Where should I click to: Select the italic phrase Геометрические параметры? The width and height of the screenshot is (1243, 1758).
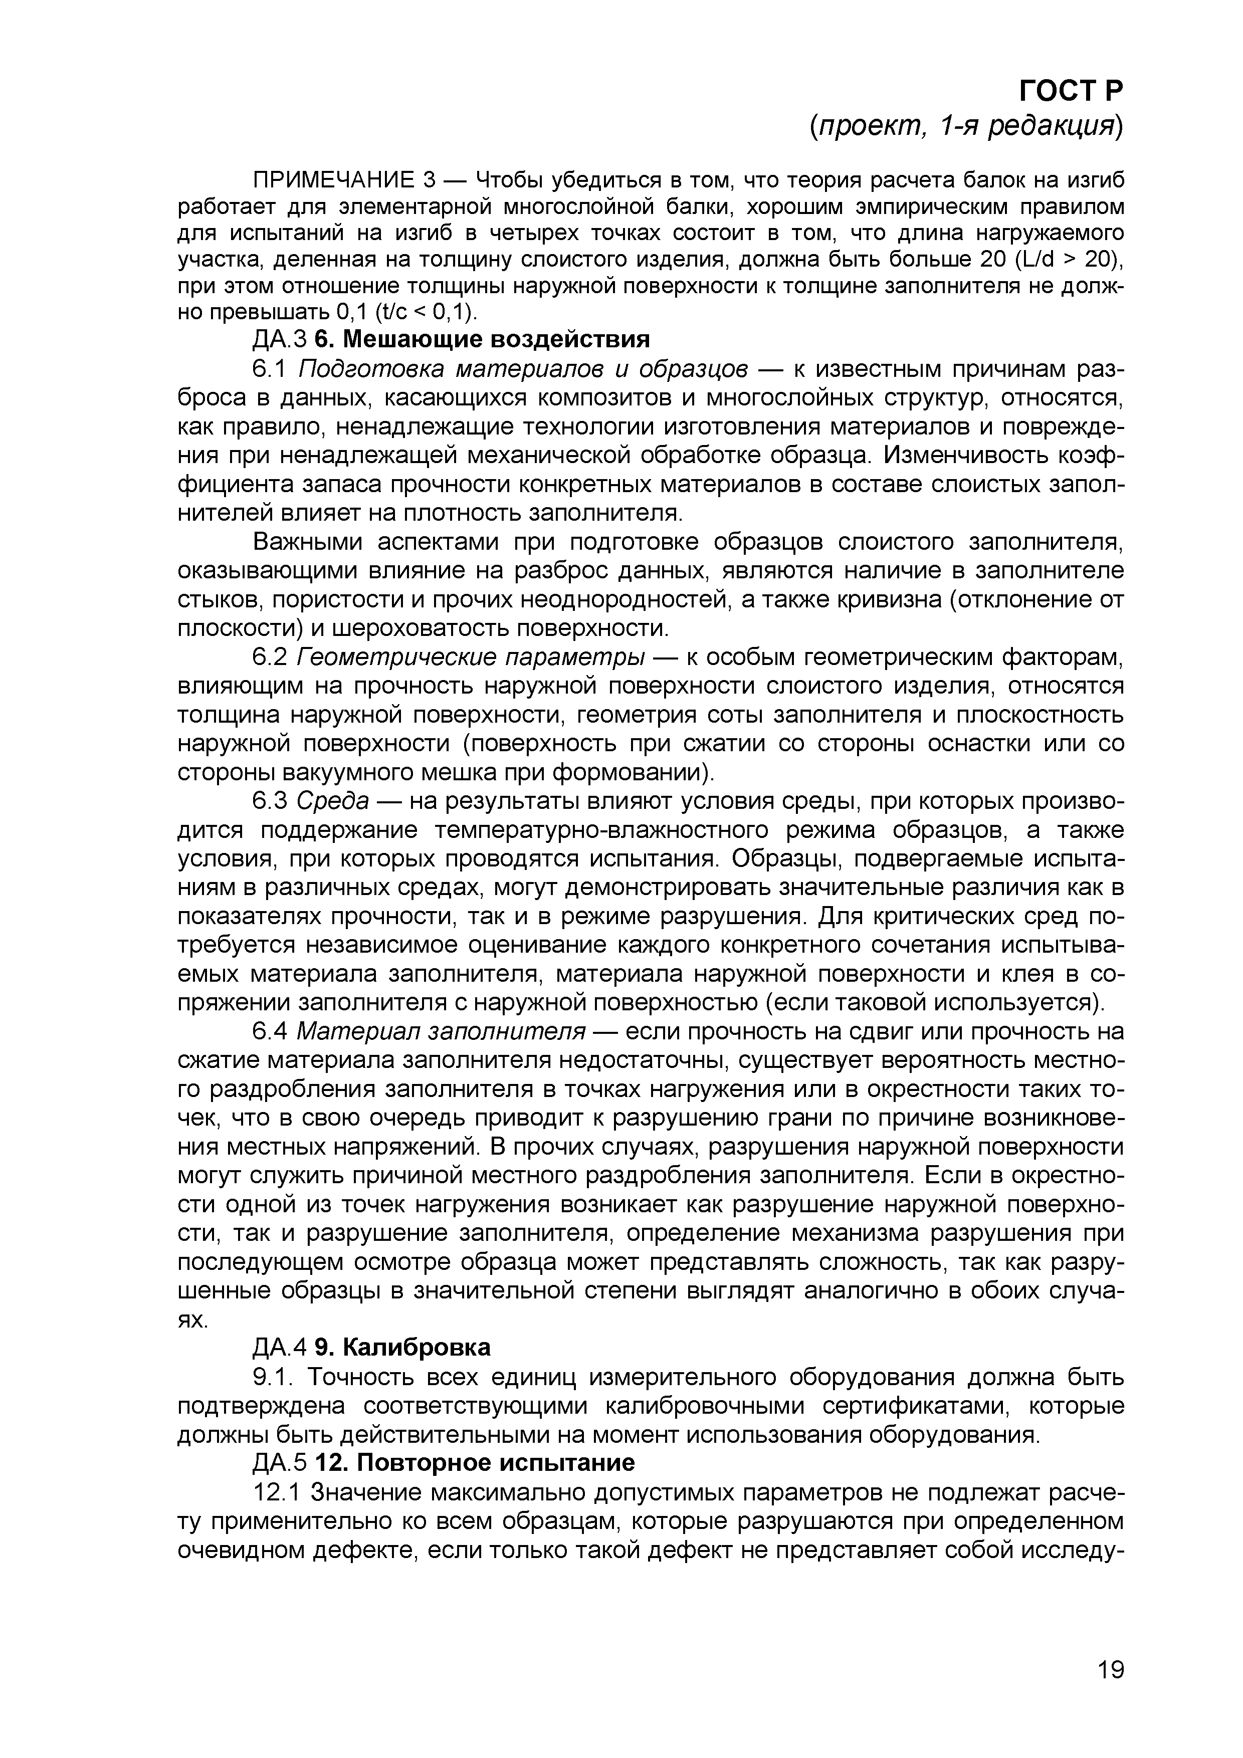tap(470, 657)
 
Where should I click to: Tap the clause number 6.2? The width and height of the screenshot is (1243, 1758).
tap(269, 657)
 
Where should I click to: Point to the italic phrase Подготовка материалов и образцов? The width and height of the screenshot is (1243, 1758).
tap(523, 368)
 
